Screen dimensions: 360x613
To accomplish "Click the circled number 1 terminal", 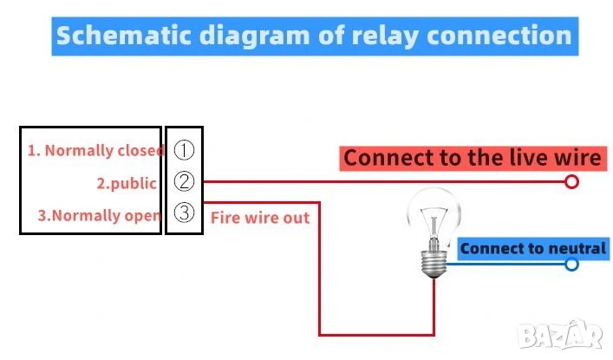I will pyautogui.click(x=184, y=149).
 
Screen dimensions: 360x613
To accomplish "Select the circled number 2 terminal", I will pyautogui.click(x=184, y=182).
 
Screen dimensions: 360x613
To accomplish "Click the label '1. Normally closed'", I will pyautogui.click(x=95, y=150).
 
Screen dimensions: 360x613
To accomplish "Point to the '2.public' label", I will pyautogui.click(x=126, y=183).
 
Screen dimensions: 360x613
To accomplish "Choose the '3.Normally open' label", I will pyautogui.click(x=99, y=215).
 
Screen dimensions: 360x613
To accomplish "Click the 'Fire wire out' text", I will pyautogui.click(x=259, y=218).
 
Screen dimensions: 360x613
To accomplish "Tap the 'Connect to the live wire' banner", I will pyautogui.click(x=471, y=158).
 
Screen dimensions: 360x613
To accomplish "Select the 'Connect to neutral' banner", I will pyautogui.click(x=532, y=249).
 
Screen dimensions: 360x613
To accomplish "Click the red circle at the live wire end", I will pyautogui.click(x=571, y=182).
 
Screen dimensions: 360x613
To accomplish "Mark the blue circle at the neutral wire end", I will pyautogui.click(x=571, y=264).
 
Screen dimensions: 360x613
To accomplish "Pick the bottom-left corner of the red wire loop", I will pyautogui.click(x=321, y=334).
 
